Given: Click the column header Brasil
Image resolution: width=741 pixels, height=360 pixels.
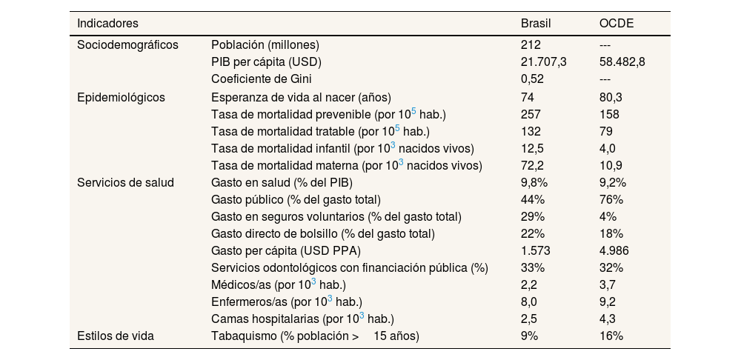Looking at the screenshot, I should click(536, 24).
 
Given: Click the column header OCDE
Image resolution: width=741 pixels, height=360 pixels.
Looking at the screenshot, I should click(616, 24).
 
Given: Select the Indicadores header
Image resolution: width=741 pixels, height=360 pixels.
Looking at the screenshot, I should click(107, 24).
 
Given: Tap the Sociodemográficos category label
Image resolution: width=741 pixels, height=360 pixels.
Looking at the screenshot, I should click(127, 44).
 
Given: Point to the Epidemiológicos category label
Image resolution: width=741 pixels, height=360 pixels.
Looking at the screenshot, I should click(121, 97).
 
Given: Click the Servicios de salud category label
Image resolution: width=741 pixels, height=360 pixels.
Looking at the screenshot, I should click(125, 182).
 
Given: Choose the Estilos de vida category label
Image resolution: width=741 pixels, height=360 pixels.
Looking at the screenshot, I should click(116, 336).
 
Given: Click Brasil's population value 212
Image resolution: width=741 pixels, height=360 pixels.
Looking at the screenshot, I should click(531, 44).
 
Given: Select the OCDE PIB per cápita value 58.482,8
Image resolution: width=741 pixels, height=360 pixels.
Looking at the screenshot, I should click(622, 61).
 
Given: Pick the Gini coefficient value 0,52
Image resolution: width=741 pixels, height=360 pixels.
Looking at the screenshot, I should click(533, 79).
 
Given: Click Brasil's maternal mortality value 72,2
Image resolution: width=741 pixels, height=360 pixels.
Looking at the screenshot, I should click(533, 164).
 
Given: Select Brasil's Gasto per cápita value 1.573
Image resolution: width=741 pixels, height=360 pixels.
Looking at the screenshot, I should click(536, 250).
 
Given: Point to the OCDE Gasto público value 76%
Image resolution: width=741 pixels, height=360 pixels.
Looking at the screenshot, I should click(611, 199).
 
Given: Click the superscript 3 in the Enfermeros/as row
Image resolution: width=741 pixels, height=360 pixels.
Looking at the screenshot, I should click(330, 299).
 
